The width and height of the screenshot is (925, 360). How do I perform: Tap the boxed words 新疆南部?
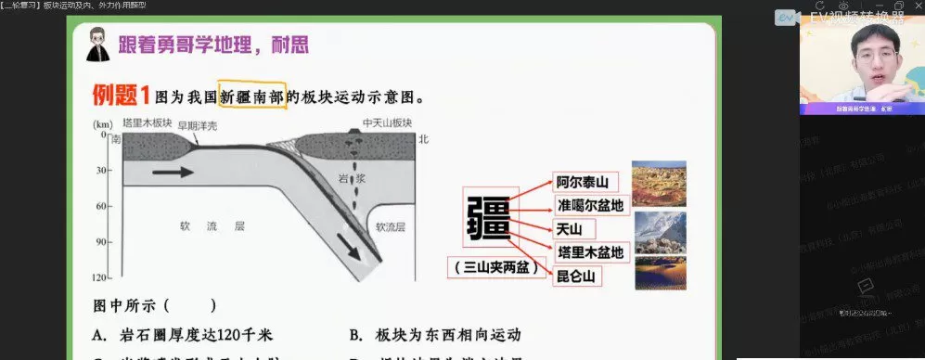click(x=251, y=96)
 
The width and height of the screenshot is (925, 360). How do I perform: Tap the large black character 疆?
click(x=488, y=218)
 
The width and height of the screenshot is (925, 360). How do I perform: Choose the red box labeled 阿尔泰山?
click(x=581, y=182)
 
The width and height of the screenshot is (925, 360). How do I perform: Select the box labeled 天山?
click(x=568, y=228)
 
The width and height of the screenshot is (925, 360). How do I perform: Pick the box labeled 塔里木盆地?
click(x=590, y=251)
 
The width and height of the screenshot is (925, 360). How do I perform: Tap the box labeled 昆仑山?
click(x=574, y=276)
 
